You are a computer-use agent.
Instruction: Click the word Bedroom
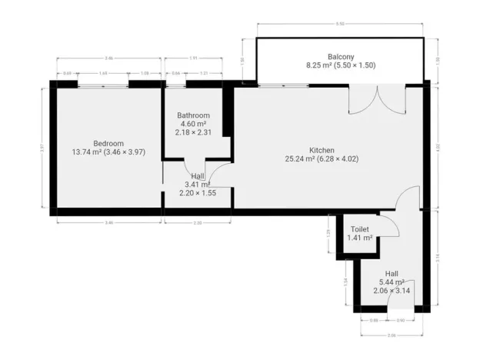click(108, 143)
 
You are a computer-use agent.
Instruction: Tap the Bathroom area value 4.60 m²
click(194, 124)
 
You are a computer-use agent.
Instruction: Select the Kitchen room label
click(322, 150)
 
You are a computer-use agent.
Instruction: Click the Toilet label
click(360, 229)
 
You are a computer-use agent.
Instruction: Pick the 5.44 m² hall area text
click(392, 282)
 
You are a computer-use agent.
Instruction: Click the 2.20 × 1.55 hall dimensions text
click(198, 193)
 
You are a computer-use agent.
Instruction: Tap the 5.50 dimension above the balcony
click(339, 25)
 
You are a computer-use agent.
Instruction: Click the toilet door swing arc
click(388, 228)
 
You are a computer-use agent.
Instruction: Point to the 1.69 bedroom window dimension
click(102, 73)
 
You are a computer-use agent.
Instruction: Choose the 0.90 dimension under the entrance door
click(401, 319)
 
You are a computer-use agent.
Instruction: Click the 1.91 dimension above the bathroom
click(194, 58)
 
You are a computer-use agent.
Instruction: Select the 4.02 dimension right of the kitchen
click(438, 146)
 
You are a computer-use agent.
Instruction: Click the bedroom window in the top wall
click(102, 83)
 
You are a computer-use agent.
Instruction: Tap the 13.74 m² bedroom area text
click(108, 152)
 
